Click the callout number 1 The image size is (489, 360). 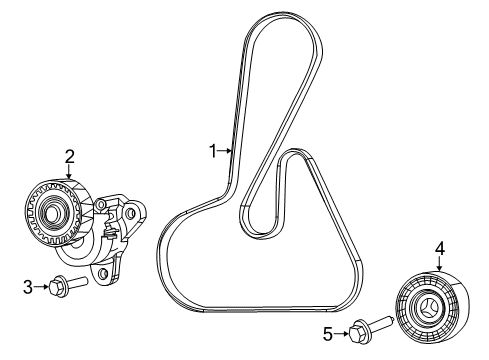[x=211, y=151]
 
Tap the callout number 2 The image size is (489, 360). [x=70, y=155]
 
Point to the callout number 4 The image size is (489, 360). [x=439, y=246]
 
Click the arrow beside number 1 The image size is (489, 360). [x=225, y=151]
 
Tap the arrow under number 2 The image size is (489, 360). [x=70, y=172]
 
